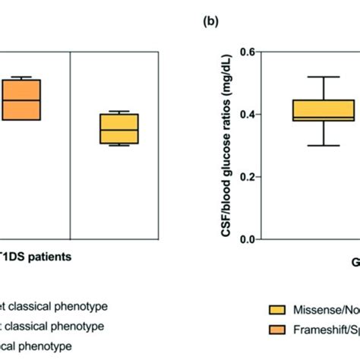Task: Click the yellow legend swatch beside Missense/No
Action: click(279, 309)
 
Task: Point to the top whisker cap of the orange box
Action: click(21, 77)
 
